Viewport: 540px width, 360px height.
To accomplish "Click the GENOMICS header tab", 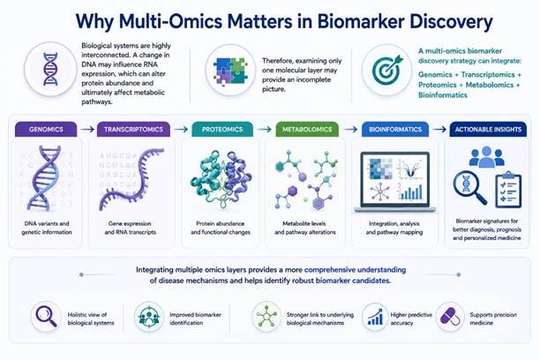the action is click(46, 130).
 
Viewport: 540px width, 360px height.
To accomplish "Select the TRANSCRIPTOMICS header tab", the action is click(133, 130).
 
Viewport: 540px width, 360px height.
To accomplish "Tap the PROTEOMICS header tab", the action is click(222, 130).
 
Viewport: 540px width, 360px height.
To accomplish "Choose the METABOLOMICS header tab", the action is click(307, 130).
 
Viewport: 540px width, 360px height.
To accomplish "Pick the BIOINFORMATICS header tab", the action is click(395, 130).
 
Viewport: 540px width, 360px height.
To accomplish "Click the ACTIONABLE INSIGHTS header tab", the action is click(488, 130).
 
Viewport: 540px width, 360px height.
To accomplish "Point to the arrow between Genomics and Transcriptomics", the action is click(86, 129).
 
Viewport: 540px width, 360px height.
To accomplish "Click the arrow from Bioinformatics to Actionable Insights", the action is click(439, 129).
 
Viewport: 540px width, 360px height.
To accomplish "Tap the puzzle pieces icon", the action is click(231, 71).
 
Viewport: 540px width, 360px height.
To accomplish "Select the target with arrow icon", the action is click(387, 70).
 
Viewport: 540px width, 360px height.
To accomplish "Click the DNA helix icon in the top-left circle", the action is click(50, 69).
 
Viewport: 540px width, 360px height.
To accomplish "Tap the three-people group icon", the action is click(487, 157).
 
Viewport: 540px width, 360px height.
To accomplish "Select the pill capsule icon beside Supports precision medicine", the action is click(450, 317).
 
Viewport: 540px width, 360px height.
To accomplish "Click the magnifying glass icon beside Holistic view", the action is click(46, 316).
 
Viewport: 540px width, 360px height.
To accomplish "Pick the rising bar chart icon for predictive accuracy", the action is click(375, 317).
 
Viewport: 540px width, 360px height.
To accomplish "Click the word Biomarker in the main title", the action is click(361, 21).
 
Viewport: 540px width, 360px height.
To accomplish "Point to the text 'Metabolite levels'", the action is click(304, 223).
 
